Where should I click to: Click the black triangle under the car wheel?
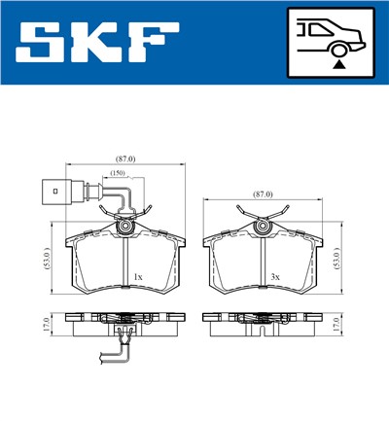(337, 62)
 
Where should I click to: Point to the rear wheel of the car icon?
(337, 48)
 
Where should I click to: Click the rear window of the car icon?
(313, 30)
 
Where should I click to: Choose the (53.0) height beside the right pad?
(336, 258)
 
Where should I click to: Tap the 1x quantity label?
(137, 277)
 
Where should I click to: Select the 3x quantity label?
(275, 277)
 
